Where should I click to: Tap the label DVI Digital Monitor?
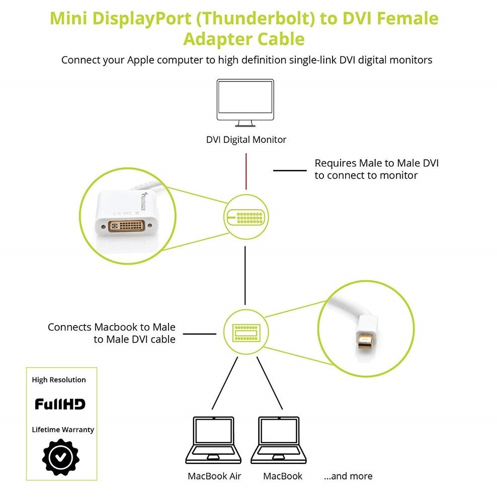click(x=246, y=139)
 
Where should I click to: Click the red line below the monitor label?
click(x=246, y=172)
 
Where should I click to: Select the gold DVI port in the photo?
click(x=127, y=225)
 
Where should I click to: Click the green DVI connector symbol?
click(x=245, y=217)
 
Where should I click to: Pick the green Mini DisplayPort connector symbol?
click(x=245, y=332)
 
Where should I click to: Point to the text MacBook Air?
click(x=214, y=476)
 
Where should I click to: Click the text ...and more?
click(x=348, y=476)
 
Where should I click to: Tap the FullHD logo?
click(x=60, y=404)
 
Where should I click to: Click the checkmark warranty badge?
click(x=60, y=457)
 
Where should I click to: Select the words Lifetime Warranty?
click(x=63, y=430)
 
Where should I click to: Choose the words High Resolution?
click(x=59, y=380)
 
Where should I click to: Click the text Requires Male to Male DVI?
click(x=376, y=163)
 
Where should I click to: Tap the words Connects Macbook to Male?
click(x=112, y=327)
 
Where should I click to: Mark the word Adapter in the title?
click(x=218, y=39)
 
